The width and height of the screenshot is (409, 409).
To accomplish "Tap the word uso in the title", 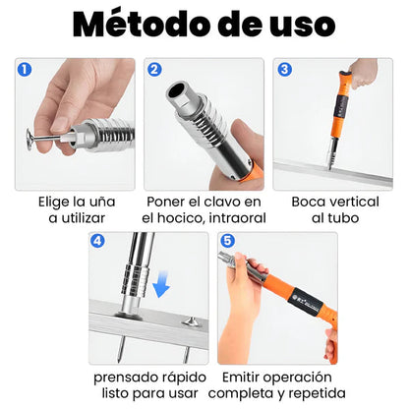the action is coord(302,28).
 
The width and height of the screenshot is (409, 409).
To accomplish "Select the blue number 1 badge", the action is coord(25,70).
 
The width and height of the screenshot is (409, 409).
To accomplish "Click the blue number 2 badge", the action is coord(154,70).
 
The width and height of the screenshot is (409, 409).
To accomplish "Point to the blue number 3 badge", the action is coord(284,70).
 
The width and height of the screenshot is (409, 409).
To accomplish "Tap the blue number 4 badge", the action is coord(97,241).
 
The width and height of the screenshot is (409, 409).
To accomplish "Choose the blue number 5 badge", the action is coord(227,241).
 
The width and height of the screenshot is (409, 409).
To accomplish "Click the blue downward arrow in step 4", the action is coord(161,284).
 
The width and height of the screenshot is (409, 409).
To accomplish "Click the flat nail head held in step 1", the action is coord(29,139).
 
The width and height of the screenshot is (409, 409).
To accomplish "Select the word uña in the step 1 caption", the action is coord(103,202).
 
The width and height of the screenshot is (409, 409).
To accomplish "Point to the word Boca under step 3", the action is coord(308,202).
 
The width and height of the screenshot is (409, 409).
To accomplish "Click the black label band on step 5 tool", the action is coord(307,303).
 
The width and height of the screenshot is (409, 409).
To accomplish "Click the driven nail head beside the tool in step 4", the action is coord(191,321).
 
